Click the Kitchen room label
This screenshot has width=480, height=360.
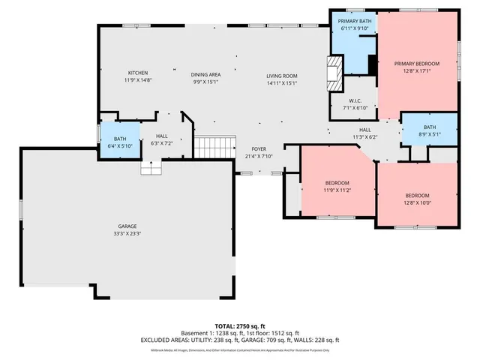[137, 73]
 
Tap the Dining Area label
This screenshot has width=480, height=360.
[205, 74]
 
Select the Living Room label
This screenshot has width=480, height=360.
[282, 76]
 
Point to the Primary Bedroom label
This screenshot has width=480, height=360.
[416, 64]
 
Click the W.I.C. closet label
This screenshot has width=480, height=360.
[356, 100]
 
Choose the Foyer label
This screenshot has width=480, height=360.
[259, 149]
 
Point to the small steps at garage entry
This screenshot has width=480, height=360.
[151, 169]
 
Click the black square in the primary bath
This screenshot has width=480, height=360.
[372, 65]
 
